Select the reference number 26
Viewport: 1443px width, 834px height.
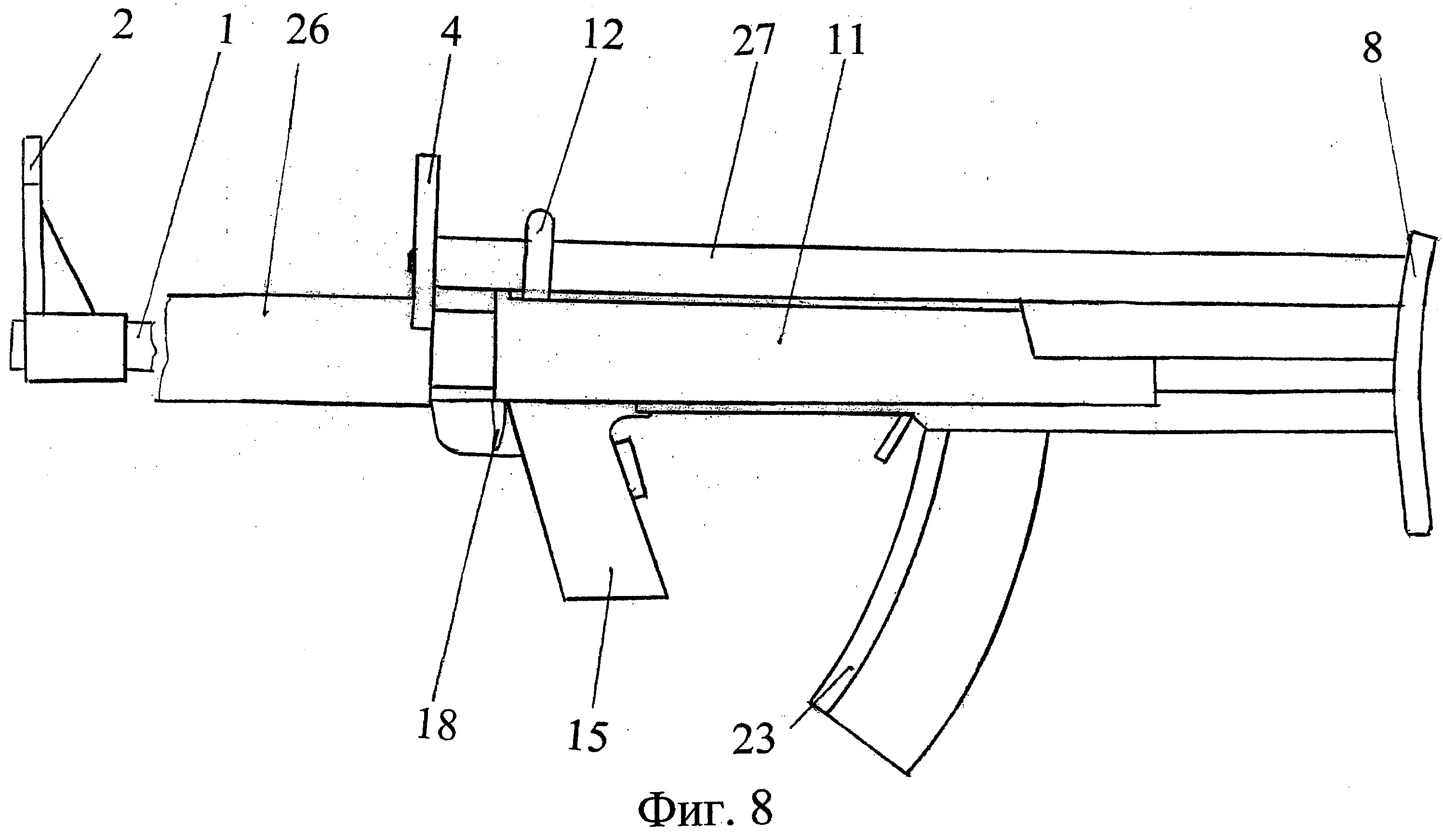[x=307, y=30]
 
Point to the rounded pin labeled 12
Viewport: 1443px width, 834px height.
[x=539, y=252]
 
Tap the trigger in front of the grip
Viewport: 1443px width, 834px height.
[x=630, y=466]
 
